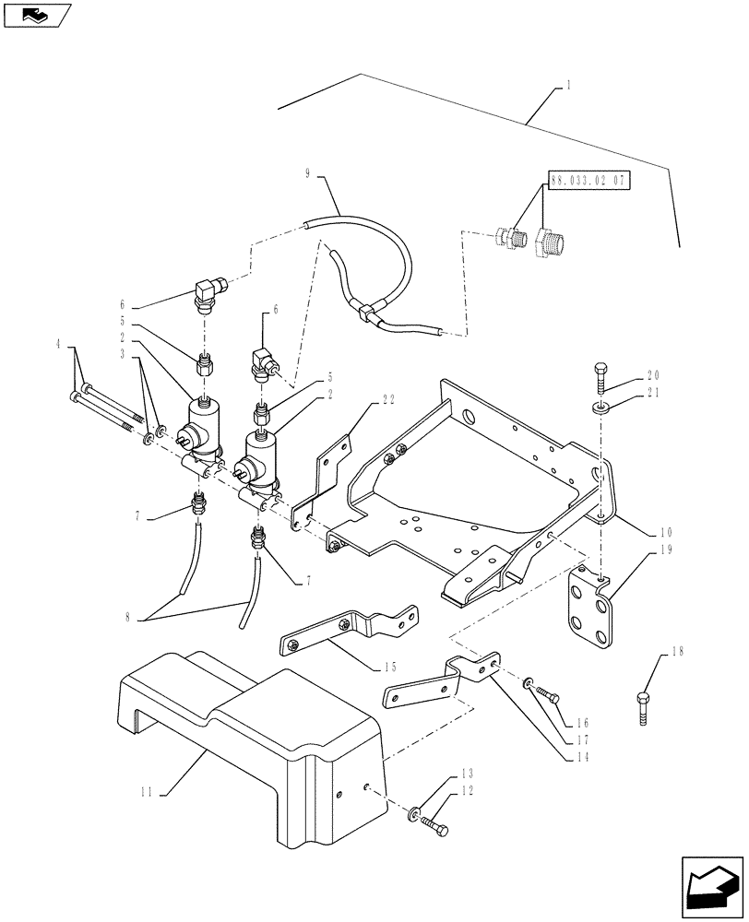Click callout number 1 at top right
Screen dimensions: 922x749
pos(568,85)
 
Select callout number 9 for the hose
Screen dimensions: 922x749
pos(307,172)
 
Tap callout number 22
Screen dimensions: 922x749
pos(389,400)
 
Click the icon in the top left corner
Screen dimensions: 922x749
pos(36,15)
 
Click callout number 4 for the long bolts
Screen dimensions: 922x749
pos(59,345)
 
